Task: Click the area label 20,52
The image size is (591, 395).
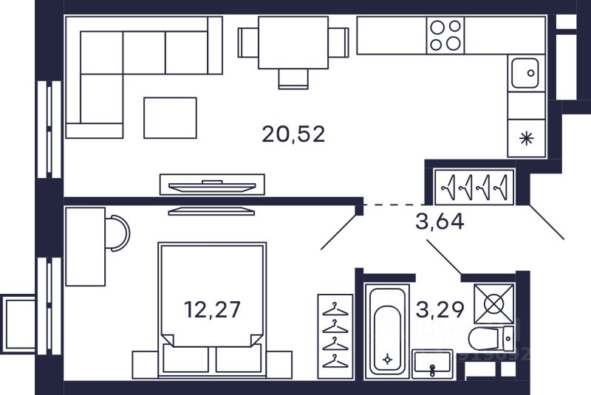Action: point(293,134)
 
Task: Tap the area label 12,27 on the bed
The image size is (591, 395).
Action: point(212,308)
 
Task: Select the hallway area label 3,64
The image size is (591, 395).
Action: point(440,221)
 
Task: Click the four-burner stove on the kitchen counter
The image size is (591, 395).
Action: point(445,35)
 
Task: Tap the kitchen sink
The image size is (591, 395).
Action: point(527,72)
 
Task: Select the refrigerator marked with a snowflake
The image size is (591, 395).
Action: point(526,137)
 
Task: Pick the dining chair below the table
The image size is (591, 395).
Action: point(293,78)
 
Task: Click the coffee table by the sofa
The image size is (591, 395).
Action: point(170,117)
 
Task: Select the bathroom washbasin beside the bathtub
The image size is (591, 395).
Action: point(430,364)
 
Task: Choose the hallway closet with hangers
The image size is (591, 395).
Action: point(476,187)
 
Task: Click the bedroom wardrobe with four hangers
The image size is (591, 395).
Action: point(335,336)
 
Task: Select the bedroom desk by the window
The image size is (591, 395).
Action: point(85,246)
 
